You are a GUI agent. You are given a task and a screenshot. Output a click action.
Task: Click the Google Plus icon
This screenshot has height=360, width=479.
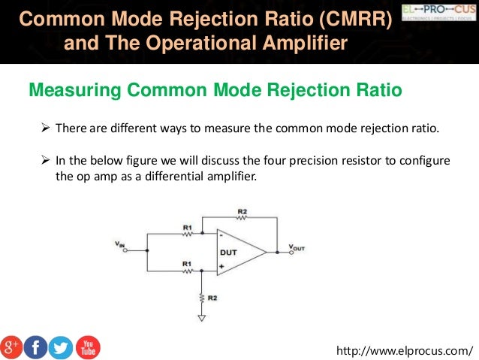12,346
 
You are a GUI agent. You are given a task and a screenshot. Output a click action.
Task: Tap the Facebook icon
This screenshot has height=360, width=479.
36,346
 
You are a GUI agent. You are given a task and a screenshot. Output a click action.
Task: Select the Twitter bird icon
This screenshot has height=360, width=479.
61,346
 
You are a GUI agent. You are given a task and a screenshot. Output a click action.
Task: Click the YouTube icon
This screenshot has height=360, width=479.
87,346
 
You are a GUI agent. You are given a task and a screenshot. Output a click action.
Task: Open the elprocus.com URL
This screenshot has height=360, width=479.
406,350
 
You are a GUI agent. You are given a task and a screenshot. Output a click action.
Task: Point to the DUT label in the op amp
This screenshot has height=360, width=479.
228,253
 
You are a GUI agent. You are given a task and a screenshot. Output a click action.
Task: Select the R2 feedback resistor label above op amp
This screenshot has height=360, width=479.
242,213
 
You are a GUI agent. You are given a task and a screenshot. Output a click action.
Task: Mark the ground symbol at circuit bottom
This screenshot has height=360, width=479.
200,318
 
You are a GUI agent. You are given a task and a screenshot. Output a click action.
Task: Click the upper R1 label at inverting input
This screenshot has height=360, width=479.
186,226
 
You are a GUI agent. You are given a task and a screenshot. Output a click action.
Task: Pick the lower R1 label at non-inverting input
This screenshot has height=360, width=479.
186,264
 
